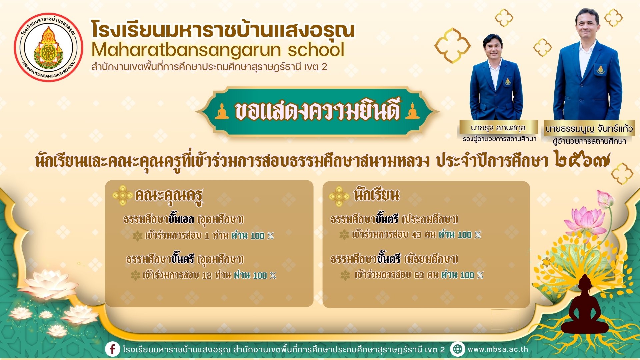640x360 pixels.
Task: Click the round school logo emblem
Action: (x=49, y=48)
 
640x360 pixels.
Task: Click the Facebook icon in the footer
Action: (x=113, y=349)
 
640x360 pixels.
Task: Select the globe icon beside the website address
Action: (x=458, y=349)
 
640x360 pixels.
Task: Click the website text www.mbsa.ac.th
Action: (x=498, y=349)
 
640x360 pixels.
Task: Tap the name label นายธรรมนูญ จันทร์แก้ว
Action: (x=589, y=129)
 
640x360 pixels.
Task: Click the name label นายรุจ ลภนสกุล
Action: (x=498, y=127)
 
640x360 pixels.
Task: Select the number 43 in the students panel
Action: (x=416, y=235)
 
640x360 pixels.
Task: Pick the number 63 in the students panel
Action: (x=419, y=275)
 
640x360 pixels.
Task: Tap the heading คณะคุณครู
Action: (x=169, y=196)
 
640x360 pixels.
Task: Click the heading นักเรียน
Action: (x=377, y=194)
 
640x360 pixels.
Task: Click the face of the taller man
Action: (x=587, y=24)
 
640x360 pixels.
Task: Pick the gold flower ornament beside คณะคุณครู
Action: (x=122, y=195)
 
